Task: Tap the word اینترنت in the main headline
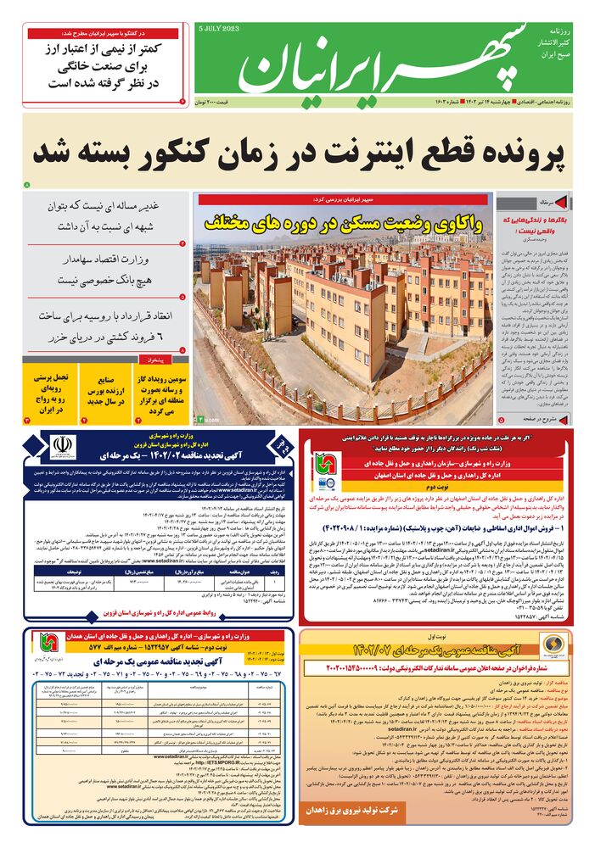[x=356, y=153]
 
